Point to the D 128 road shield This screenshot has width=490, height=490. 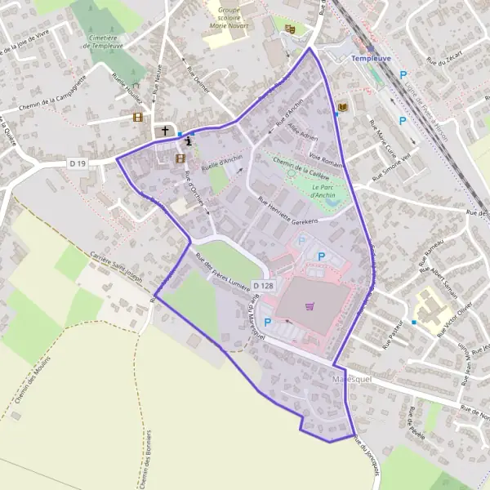263,285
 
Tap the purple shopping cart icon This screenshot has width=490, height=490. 309,307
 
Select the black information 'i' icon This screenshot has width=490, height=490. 189,140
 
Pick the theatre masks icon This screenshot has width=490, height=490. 289,29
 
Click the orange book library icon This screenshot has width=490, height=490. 341,107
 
